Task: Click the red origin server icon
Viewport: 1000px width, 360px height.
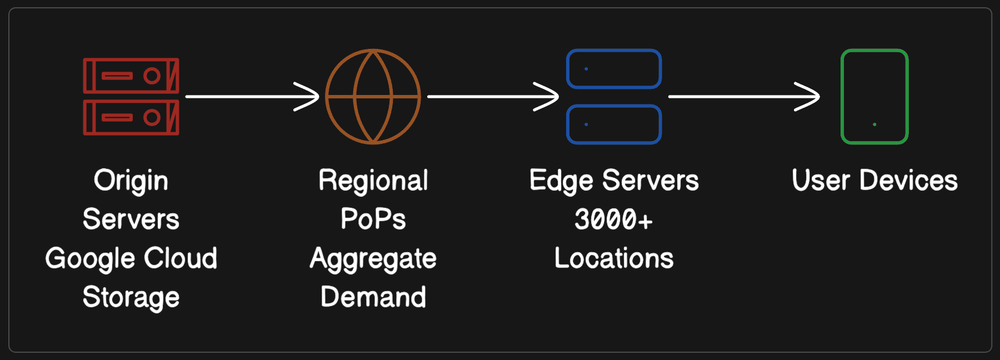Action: (131, 97)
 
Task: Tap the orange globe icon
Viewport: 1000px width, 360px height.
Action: (373, 97)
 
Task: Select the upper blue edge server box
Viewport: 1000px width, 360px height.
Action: (614, 69)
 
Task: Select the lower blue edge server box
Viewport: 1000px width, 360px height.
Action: (614, 124)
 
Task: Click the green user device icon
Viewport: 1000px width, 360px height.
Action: (874, 97)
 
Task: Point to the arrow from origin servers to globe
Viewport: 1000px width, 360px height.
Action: (252, 97)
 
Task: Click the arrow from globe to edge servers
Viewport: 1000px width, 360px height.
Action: (492, 97)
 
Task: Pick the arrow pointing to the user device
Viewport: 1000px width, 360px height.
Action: (743, 97)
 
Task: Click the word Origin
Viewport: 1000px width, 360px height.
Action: (131, 181)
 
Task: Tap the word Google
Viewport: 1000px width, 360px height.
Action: (84, 259)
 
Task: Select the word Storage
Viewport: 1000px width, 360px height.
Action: (131, 298)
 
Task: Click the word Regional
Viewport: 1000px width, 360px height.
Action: (373, 181)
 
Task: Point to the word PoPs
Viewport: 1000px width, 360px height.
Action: (373, 219)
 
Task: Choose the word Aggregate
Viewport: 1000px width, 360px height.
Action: (373, 259)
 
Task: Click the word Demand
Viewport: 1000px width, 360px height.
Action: (373, 297)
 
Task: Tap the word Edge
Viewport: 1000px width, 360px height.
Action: (561, 181)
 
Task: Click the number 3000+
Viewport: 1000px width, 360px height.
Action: (614, 219)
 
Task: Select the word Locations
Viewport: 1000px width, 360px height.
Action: (614, 258)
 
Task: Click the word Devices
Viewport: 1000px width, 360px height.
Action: (908, 180)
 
